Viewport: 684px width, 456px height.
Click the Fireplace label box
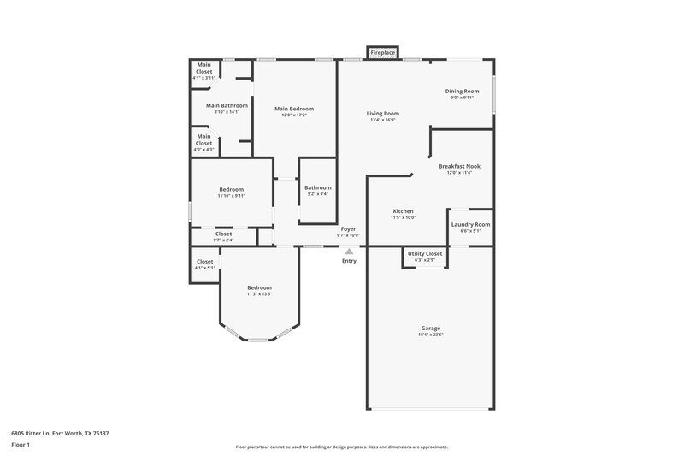(382, 53)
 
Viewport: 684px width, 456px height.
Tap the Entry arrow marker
(349, 252)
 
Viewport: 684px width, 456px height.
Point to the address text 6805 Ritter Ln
(60, 433)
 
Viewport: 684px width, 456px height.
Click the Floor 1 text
(21, 445)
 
